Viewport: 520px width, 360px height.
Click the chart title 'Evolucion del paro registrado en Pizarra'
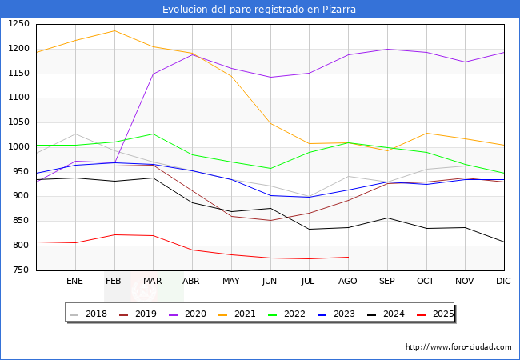259,10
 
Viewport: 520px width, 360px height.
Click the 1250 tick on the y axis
18,24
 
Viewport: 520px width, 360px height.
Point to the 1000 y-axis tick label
18,147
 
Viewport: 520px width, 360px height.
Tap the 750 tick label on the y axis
20,270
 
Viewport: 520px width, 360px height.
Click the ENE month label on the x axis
74,282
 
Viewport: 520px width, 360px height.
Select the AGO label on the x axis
347,282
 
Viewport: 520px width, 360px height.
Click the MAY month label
230,282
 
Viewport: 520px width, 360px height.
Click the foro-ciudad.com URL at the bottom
458,347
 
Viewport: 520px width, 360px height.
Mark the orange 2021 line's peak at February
114,30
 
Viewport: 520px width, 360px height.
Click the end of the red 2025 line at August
348,257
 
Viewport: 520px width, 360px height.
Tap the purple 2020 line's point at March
153,74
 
